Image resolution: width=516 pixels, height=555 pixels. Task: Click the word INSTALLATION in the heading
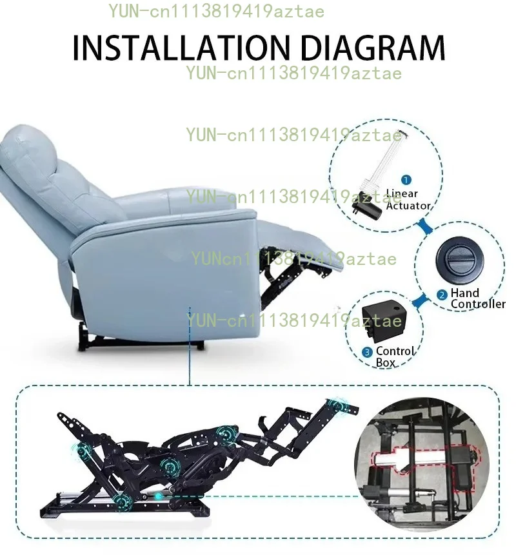point(181,48)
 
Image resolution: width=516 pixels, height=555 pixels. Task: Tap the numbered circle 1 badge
point(406,180)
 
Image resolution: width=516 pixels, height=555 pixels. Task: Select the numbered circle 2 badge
point(442,295)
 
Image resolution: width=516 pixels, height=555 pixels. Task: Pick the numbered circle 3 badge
point(367,352)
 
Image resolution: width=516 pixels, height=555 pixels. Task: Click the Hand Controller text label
point(478,298)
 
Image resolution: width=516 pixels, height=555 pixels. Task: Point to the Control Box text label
point(395,357)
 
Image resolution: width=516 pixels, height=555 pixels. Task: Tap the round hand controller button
point(460,260)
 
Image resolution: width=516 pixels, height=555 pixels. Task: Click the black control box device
point(384,320)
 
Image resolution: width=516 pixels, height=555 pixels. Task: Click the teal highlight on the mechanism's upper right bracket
point(337,405)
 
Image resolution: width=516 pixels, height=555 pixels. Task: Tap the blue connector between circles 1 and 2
point(424,226)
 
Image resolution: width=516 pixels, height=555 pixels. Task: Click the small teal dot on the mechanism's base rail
point(158,496)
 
